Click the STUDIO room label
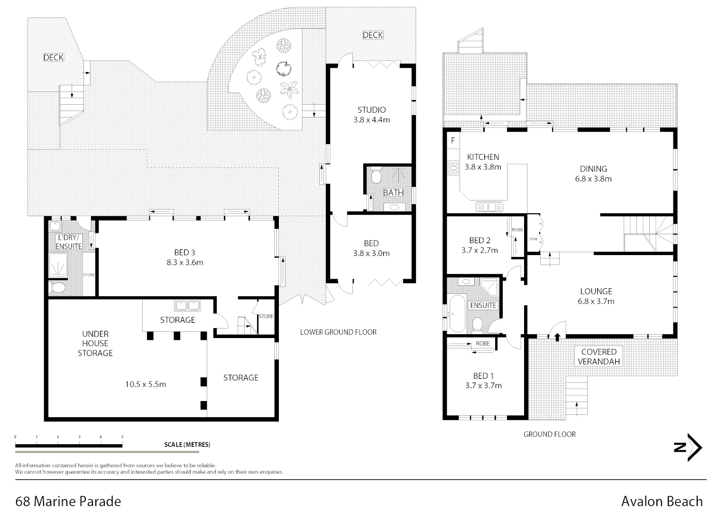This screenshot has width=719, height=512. tap(371, 110)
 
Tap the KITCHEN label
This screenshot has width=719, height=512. tap(483, 157)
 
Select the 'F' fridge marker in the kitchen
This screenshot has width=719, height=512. tap(453, 141)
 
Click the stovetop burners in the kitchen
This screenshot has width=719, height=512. tap(453, 168)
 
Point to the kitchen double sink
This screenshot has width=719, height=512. tap(489, 207)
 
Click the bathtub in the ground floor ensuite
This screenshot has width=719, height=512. tap(457, 314)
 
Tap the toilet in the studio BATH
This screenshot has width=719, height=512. tap(376, 177)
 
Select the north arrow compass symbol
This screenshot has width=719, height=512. tap(688, 447)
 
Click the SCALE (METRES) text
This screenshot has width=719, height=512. tap(187, 445)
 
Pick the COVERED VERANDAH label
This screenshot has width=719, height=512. tap(599, 357)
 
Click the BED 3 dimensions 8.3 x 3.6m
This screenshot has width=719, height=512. tap(184, 263)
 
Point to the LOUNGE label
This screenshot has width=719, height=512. tap(596, 292)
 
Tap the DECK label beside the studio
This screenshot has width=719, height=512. tap(373, 35)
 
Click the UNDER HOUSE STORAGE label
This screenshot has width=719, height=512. tap(95, 343)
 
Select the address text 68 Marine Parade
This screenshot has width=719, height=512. tap(68, 501)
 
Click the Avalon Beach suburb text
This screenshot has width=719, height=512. tap(662, 501)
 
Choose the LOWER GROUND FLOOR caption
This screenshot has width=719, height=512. tap(338, 332)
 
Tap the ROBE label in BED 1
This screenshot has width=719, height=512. tap(482, 344)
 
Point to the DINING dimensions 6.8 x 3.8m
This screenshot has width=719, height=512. tap(593, 179)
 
